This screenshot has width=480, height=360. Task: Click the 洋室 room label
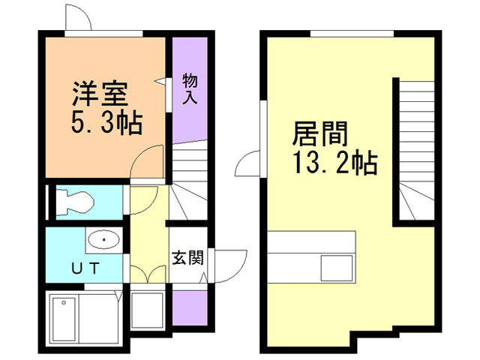[100, 94]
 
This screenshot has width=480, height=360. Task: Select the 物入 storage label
[190, 89]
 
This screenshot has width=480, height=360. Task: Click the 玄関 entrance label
[187, 259]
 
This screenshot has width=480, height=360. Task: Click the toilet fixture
[73, 201]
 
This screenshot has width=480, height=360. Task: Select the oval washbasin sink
[103, 240]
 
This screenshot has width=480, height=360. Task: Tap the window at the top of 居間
[352, 31]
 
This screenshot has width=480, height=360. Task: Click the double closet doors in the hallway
[148, 273]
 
